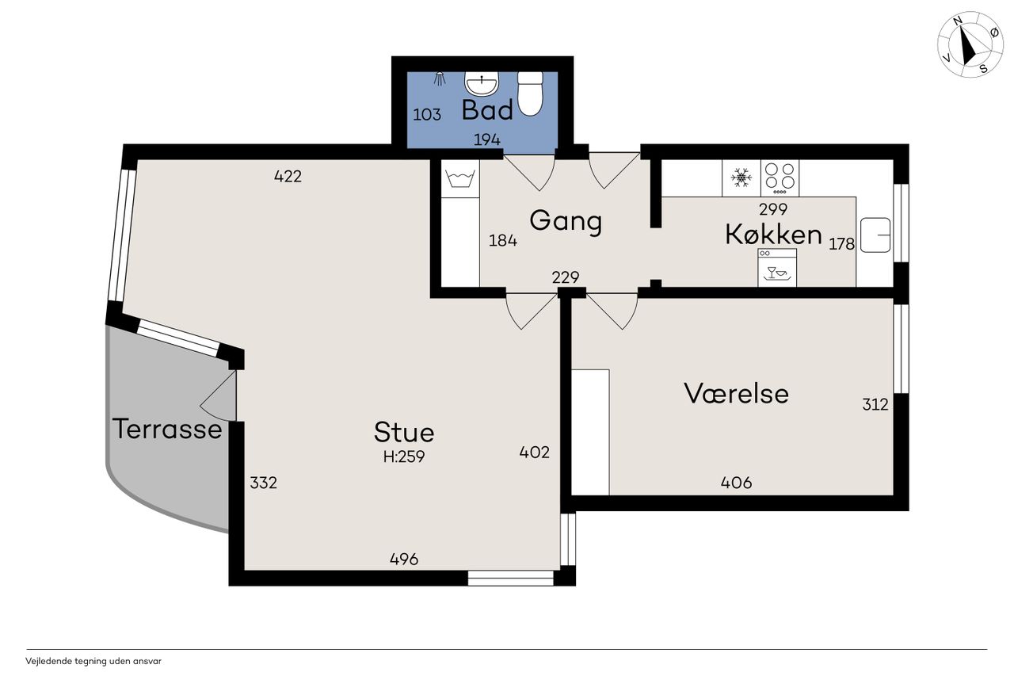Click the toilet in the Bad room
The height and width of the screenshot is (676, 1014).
point(530,94)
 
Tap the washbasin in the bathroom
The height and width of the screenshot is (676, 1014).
point(482,84)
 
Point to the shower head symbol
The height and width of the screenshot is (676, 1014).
point(439,78)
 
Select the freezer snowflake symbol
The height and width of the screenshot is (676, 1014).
point(741,178)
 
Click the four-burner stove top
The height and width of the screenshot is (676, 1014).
point(780,178)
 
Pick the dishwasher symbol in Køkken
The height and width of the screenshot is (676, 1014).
point(777,267)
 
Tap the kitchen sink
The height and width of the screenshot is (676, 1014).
point(875,235)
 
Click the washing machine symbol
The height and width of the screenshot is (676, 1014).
point(460,178)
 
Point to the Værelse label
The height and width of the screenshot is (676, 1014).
point(736,393)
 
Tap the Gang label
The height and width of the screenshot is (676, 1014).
point(566,221)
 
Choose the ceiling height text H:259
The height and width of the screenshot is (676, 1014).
point(404,456)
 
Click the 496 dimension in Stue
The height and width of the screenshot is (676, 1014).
point(404,560)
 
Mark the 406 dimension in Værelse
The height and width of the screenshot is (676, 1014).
point(736,483)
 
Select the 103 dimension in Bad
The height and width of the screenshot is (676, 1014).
point(427,115)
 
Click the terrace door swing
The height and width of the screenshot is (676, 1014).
point(218,395)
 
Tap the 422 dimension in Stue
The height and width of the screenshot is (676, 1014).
point(288,176)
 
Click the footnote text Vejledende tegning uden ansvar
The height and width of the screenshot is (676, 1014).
point(93,661)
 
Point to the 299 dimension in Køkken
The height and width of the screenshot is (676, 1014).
point(773,209)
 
